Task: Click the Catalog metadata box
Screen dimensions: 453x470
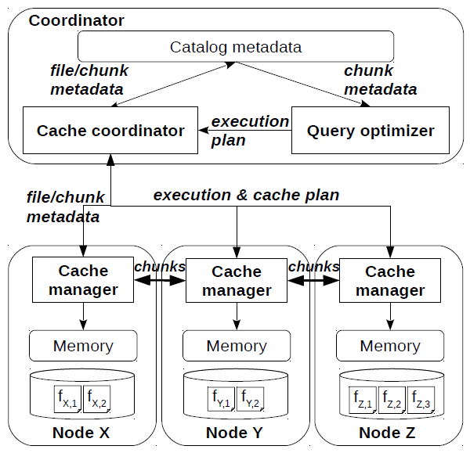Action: (235, 48)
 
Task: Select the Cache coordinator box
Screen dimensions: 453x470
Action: (110, 131)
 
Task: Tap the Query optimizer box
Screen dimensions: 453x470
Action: (370, 131)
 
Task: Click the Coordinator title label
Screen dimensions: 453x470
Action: (76, 20)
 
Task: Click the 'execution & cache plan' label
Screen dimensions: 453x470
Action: (246, 195)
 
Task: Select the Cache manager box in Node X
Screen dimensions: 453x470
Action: (83, 280)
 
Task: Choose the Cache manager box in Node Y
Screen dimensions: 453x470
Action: (237, 281)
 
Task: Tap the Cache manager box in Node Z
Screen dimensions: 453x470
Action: (390, 281)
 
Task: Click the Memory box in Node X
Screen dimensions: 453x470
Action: (83, 345)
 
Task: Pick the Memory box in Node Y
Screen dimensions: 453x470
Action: (237, 345)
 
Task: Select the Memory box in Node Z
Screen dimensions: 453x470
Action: (390, 345)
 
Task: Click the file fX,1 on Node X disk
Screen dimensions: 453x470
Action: (68, 401)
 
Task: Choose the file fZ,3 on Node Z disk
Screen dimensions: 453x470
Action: (421, 401)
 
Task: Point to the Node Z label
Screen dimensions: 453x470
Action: (390, 433)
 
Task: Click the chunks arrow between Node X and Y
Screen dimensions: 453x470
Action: (160, 279)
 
